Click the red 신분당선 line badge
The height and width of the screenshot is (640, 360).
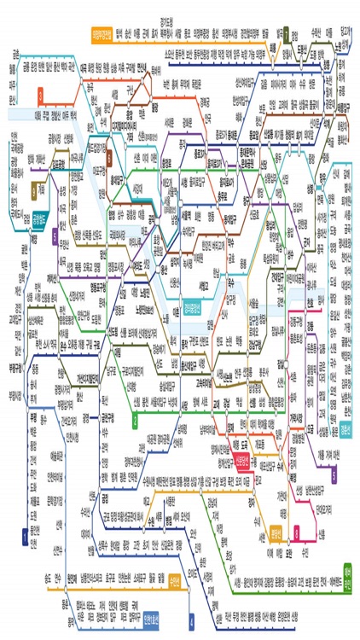click(243, 462)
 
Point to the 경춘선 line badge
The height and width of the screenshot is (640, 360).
click(348, 427)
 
